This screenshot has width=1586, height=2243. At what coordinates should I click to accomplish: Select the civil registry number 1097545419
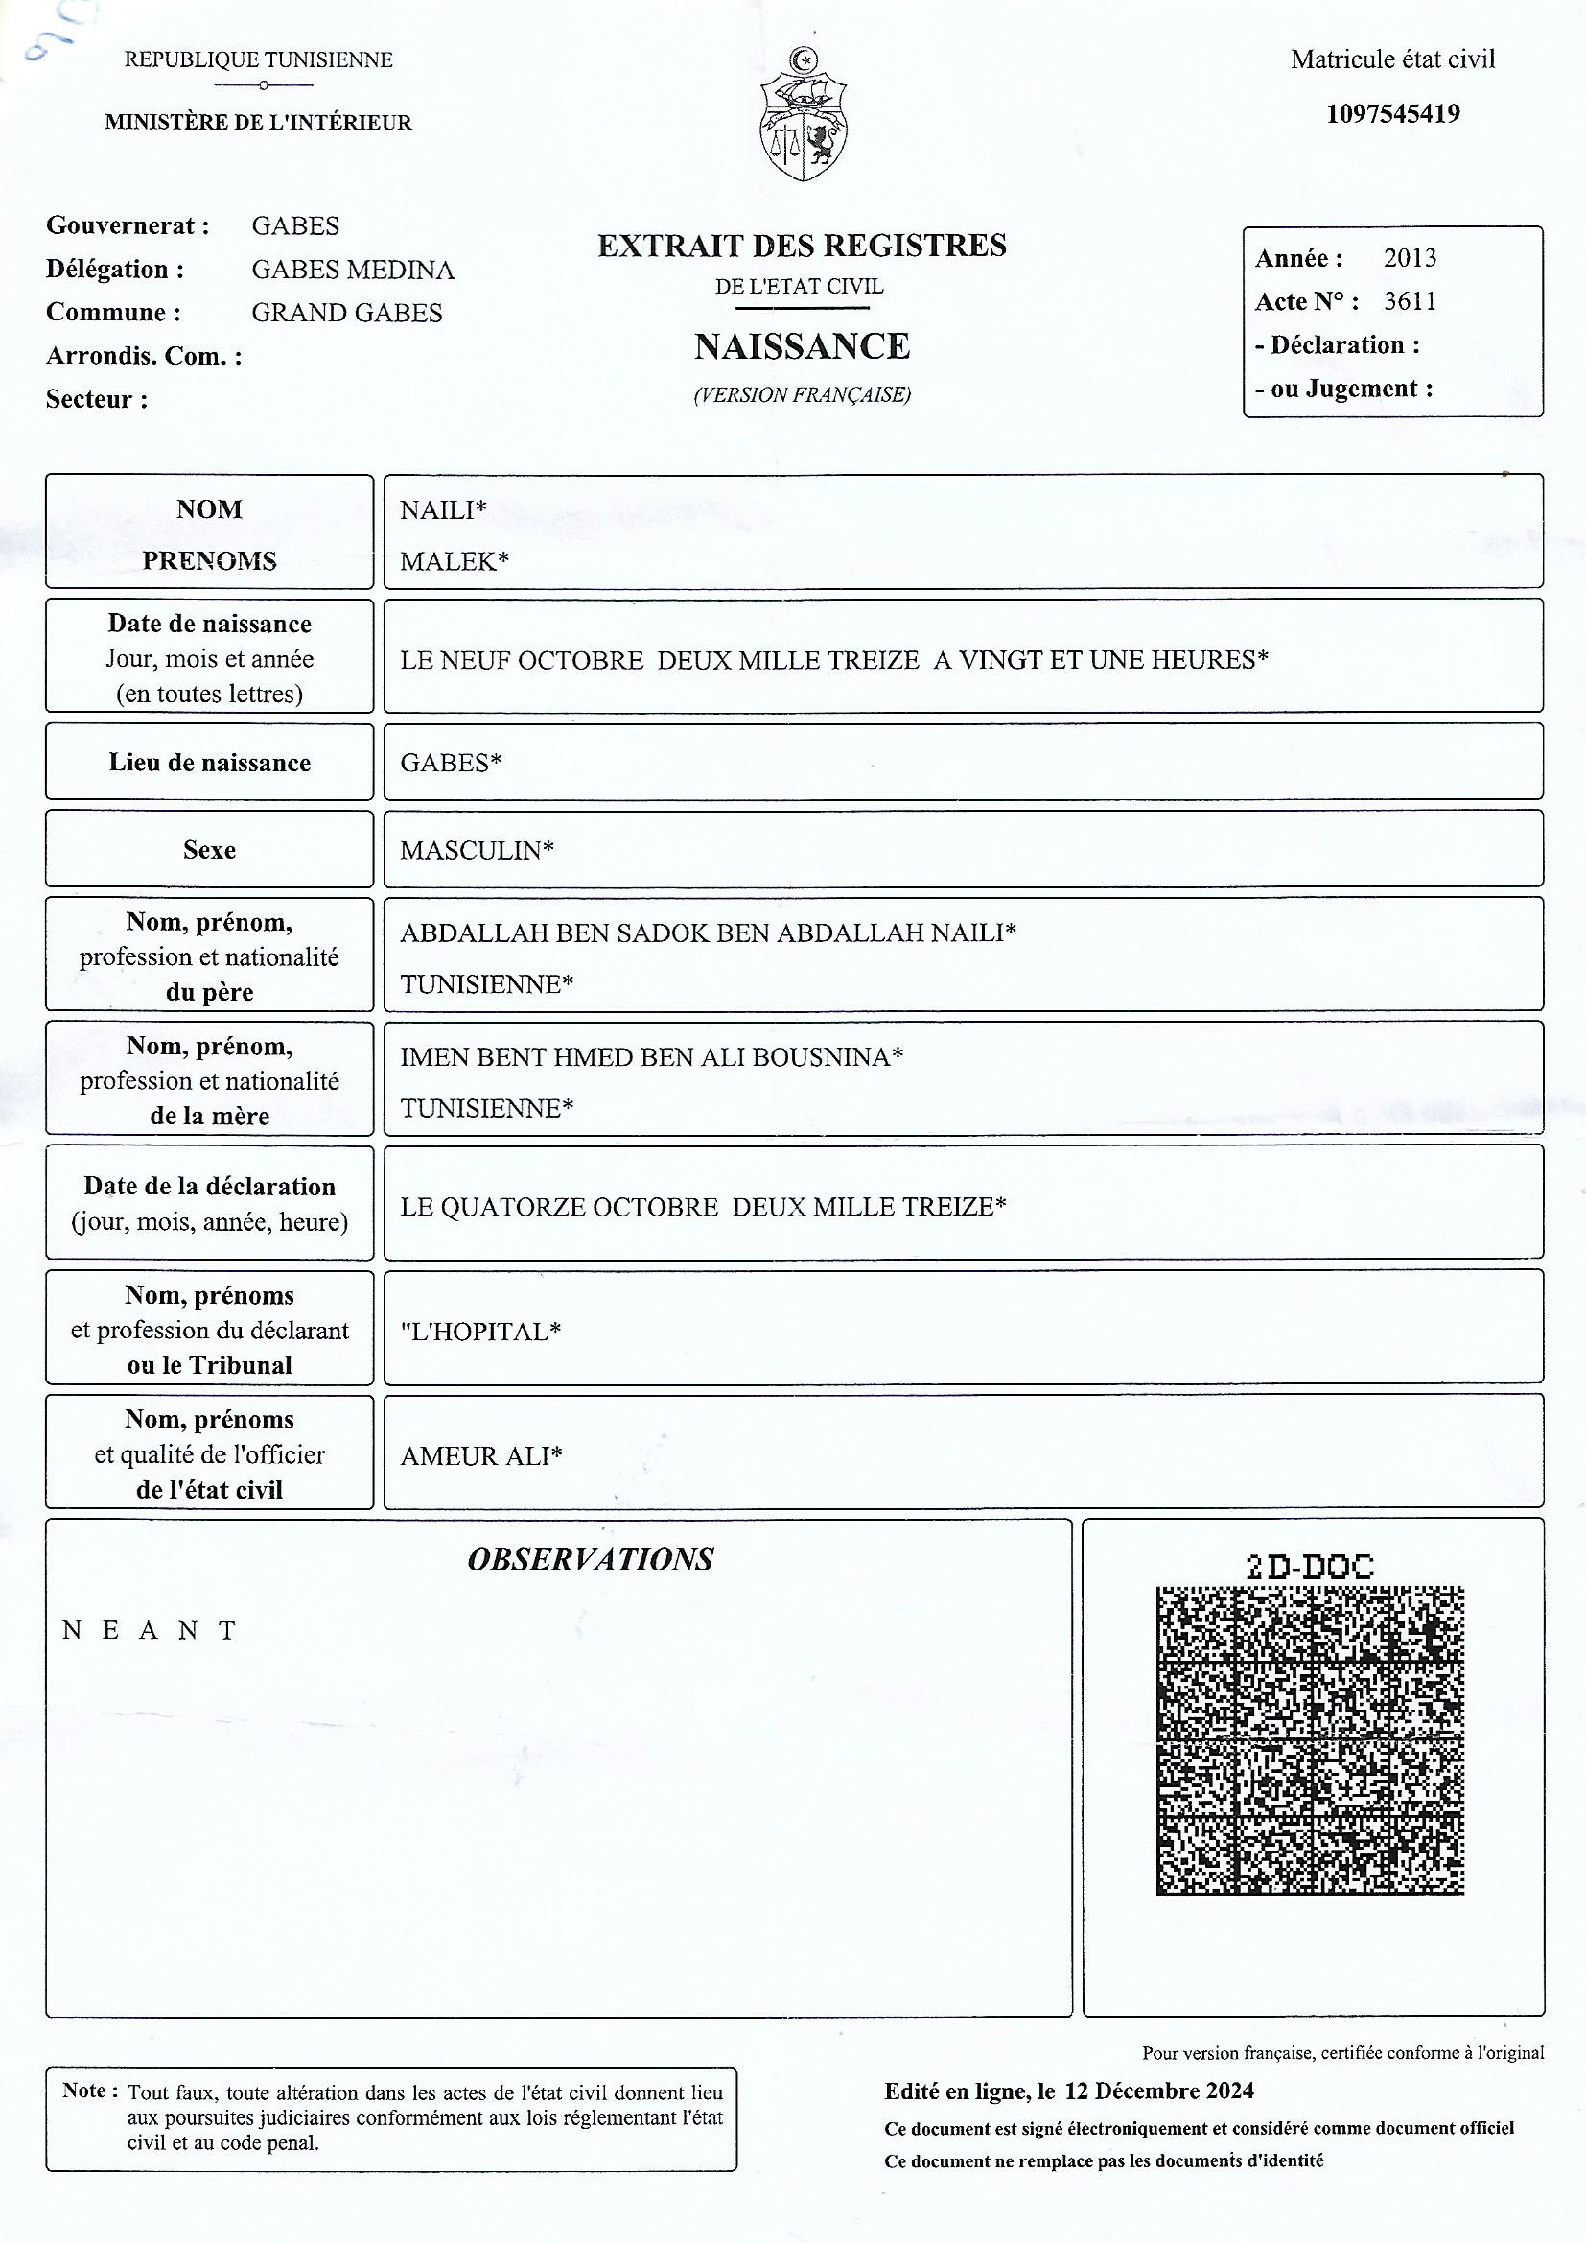pos(1392,114)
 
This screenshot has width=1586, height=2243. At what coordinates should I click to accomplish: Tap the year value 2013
pos(1410,258)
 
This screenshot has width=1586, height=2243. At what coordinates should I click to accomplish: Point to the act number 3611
pos(1410,301)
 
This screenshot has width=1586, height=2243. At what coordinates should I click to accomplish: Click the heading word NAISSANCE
pos(802,346)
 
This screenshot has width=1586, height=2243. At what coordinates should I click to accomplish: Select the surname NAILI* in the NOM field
pos(443,509)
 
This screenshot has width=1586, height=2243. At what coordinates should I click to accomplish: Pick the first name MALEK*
pos(455,560)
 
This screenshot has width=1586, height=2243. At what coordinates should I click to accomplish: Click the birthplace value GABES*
pos(451,762)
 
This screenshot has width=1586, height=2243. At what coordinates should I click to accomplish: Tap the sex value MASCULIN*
pos(477,850)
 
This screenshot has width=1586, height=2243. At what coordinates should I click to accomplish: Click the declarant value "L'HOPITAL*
pos(480,1332)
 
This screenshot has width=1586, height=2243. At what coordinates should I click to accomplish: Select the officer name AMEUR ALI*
pos(481,1455)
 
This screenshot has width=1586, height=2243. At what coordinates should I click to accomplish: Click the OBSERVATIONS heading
pos(590,1559)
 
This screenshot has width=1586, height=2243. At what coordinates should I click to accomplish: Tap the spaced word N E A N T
pos(150,1630)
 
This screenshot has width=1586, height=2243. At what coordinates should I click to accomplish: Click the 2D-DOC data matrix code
pos(1310,1740)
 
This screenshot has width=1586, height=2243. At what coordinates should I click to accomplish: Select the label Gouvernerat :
pos(128,225)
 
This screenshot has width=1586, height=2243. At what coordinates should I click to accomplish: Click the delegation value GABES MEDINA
pos(353,270)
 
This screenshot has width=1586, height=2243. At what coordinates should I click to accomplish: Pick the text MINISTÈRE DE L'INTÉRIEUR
pos(259,122)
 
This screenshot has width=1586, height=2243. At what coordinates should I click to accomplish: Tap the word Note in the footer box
pos(85,2090)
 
